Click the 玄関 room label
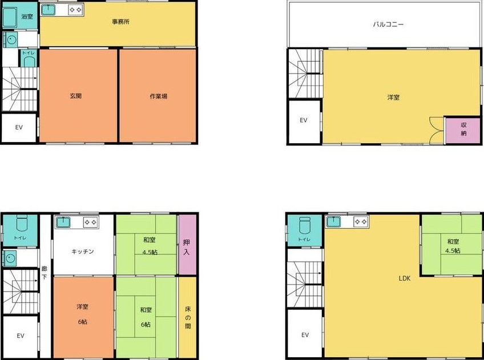75,96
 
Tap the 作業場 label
158,96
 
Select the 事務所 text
120,22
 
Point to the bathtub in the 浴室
10,18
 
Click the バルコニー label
388,24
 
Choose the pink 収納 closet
462,130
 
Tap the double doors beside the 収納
437,130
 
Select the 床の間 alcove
187,317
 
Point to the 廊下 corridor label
45,273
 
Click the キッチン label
82,252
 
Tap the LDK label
404,278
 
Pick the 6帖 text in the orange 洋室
82,322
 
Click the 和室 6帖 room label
146,317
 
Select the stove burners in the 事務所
75,10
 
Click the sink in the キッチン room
63,222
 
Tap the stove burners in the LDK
361,221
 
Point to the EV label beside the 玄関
19,127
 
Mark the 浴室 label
27,17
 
